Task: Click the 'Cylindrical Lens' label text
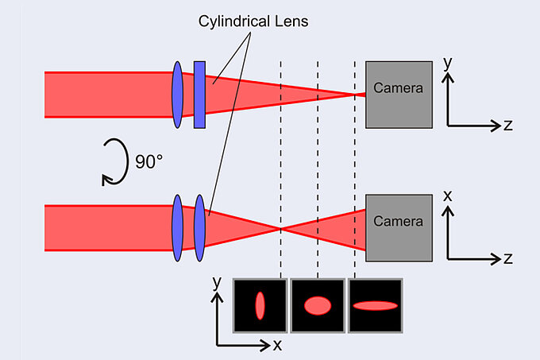[x=253, y=22]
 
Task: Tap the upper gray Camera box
[x=399, y=94]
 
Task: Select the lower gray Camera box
[x=399, y=227]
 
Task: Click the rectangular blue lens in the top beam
[x=200, y=94]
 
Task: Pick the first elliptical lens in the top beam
[x=178, y=95]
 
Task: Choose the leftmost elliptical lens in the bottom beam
[x=178, y=228]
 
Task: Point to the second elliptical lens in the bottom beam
[x=200, y=228]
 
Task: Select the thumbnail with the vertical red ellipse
[x=259, y=305]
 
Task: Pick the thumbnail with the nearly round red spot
[x=317, y=305]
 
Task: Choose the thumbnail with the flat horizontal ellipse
[x=375, y=305]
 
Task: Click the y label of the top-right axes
[x=449, y=60]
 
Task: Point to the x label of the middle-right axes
[x=449, y=195]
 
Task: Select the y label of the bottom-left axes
[x=216, y=282]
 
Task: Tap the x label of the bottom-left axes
[x=277, y=345]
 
